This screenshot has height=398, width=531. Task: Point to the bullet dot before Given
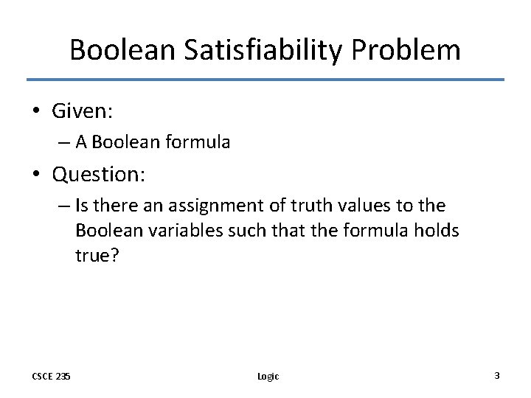(x=37, y=112)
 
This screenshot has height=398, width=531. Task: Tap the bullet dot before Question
(x=37, y=175)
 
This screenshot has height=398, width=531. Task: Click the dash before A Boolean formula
(x=63, y=142)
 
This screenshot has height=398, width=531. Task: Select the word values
(x=355, y=206)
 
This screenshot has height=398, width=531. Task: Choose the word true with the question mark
(x=99, y=256)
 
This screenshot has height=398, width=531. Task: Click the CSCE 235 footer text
(x=52, y=376)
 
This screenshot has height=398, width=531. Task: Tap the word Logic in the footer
(x=268, y=377)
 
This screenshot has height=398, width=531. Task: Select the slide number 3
(x=496, y=376)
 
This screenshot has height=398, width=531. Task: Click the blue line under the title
(x=265, y=80)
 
